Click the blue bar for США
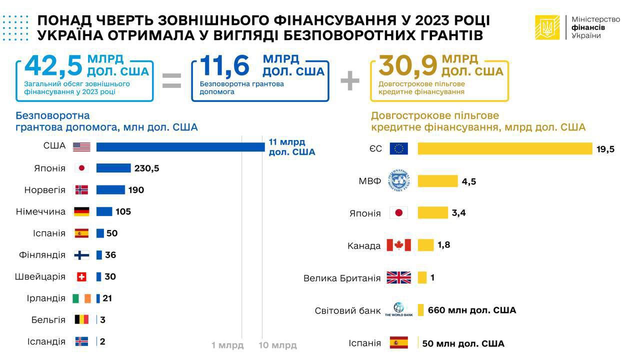180,147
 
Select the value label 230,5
146,168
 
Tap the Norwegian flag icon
81,190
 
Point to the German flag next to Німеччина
81,211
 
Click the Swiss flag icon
81,276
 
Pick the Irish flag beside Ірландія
81,298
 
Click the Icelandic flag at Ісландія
81,341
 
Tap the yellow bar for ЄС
505,149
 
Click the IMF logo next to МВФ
398,180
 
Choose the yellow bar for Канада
425,245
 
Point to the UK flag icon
398,277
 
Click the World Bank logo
398,310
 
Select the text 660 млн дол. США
471,310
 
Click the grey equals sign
171,81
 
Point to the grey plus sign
350,81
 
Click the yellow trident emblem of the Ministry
547,27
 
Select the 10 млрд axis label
277,345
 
